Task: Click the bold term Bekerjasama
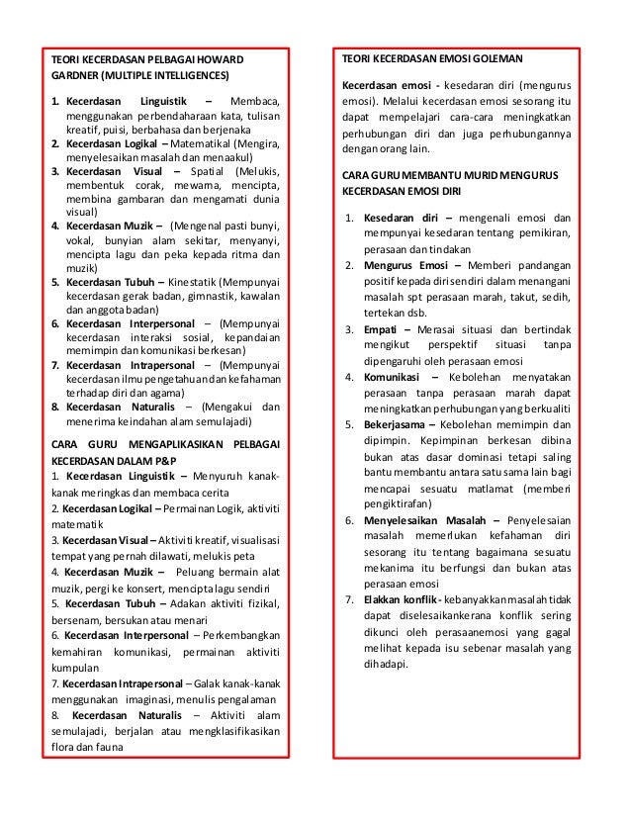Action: [403, 424]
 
